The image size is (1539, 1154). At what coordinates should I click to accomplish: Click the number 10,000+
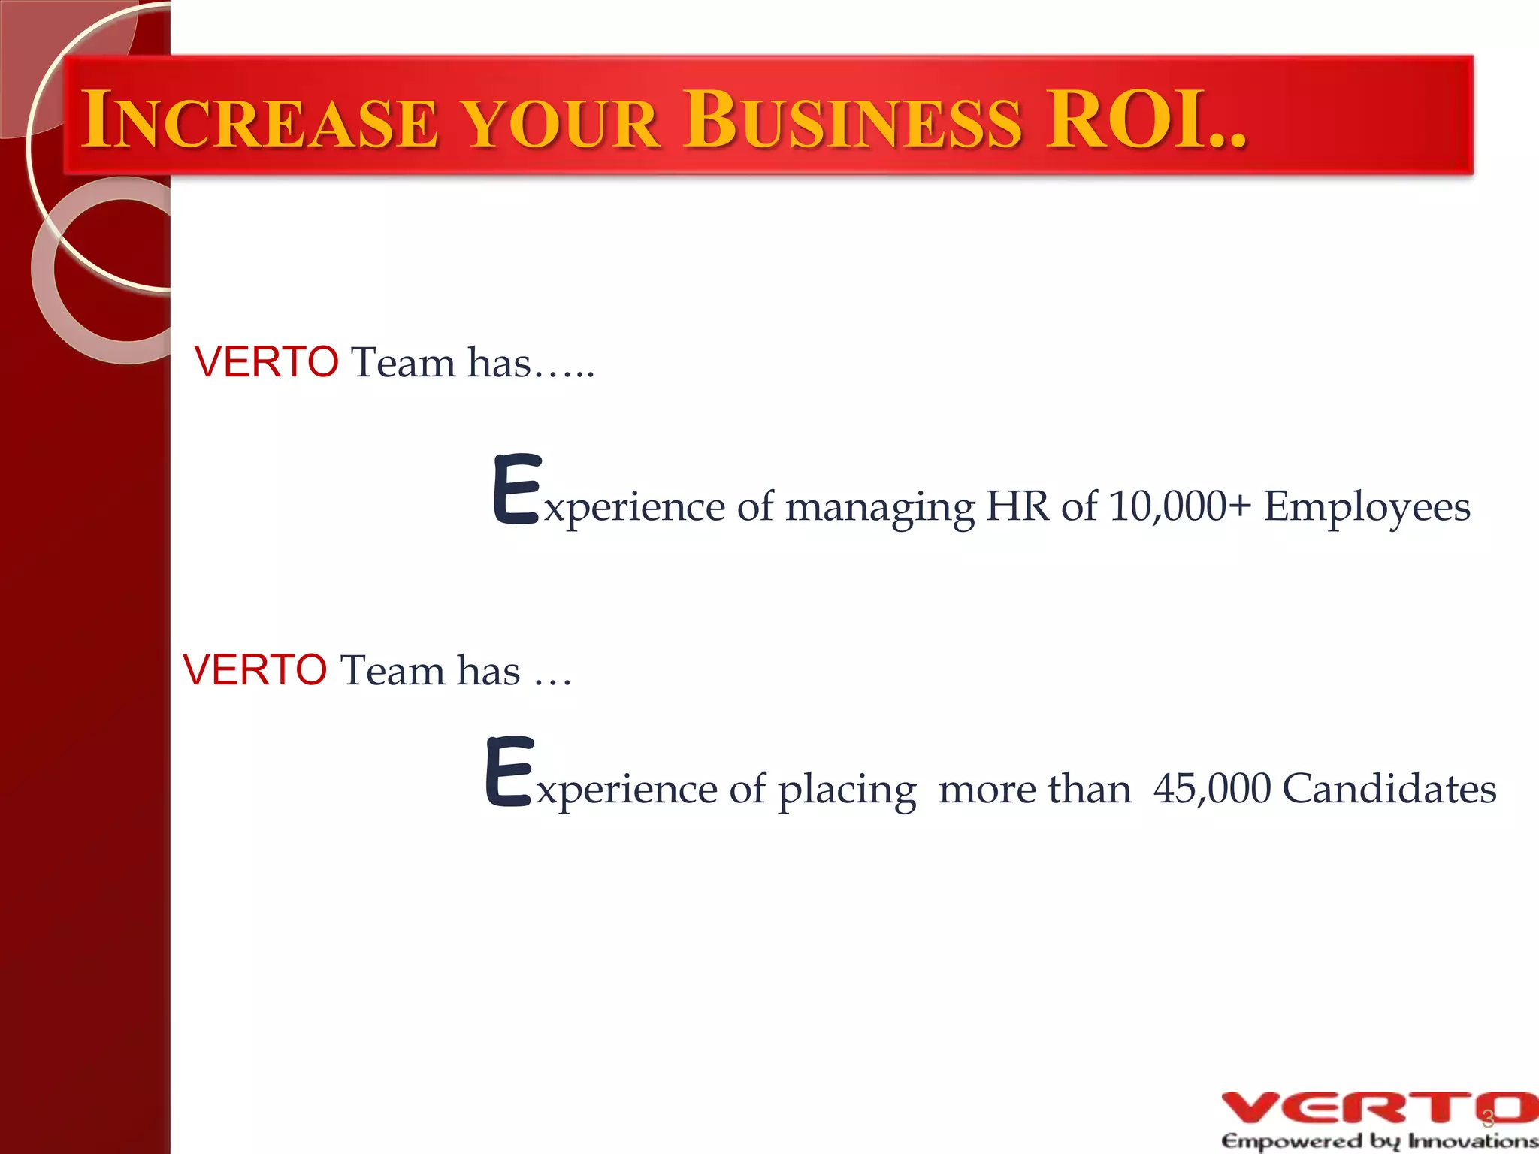pos(1180,506)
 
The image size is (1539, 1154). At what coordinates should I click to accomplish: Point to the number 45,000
pos(1212,789)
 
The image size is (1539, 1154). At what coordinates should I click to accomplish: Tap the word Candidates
pos(1389,789)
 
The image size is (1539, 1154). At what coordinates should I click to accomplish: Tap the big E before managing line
pos(517,489)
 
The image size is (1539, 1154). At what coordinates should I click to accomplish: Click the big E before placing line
pos(509,772)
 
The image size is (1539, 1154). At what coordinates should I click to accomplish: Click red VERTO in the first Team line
pos(266,362)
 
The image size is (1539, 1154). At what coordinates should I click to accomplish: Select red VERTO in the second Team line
pos(255,669)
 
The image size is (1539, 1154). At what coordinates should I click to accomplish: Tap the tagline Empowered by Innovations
pos(1379,1141)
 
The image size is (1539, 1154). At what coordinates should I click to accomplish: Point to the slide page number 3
pos(1487,1120)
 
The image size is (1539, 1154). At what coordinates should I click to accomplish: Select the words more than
pos(1034,789)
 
